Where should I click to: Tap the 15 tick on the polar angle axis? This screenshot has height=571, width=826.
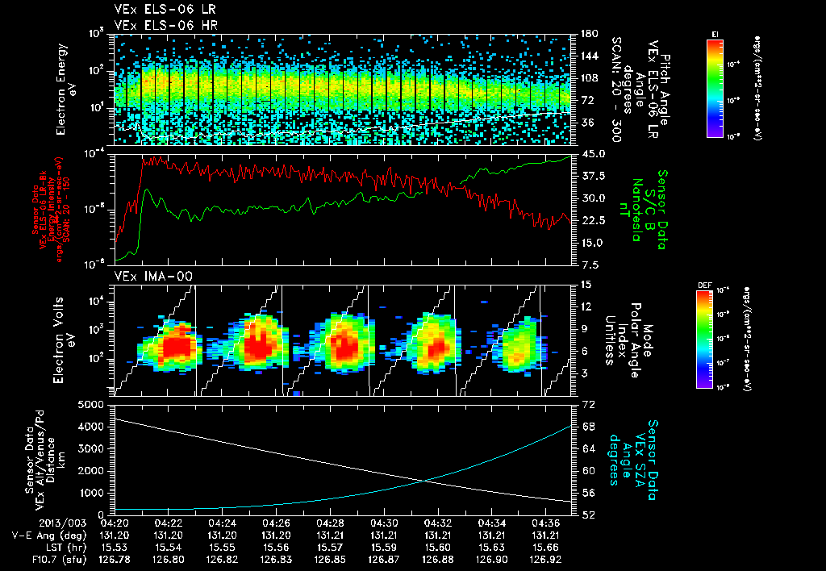coord(583,285)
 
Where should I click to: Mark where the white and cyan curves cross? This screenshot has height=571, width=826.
coord(426,481)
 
